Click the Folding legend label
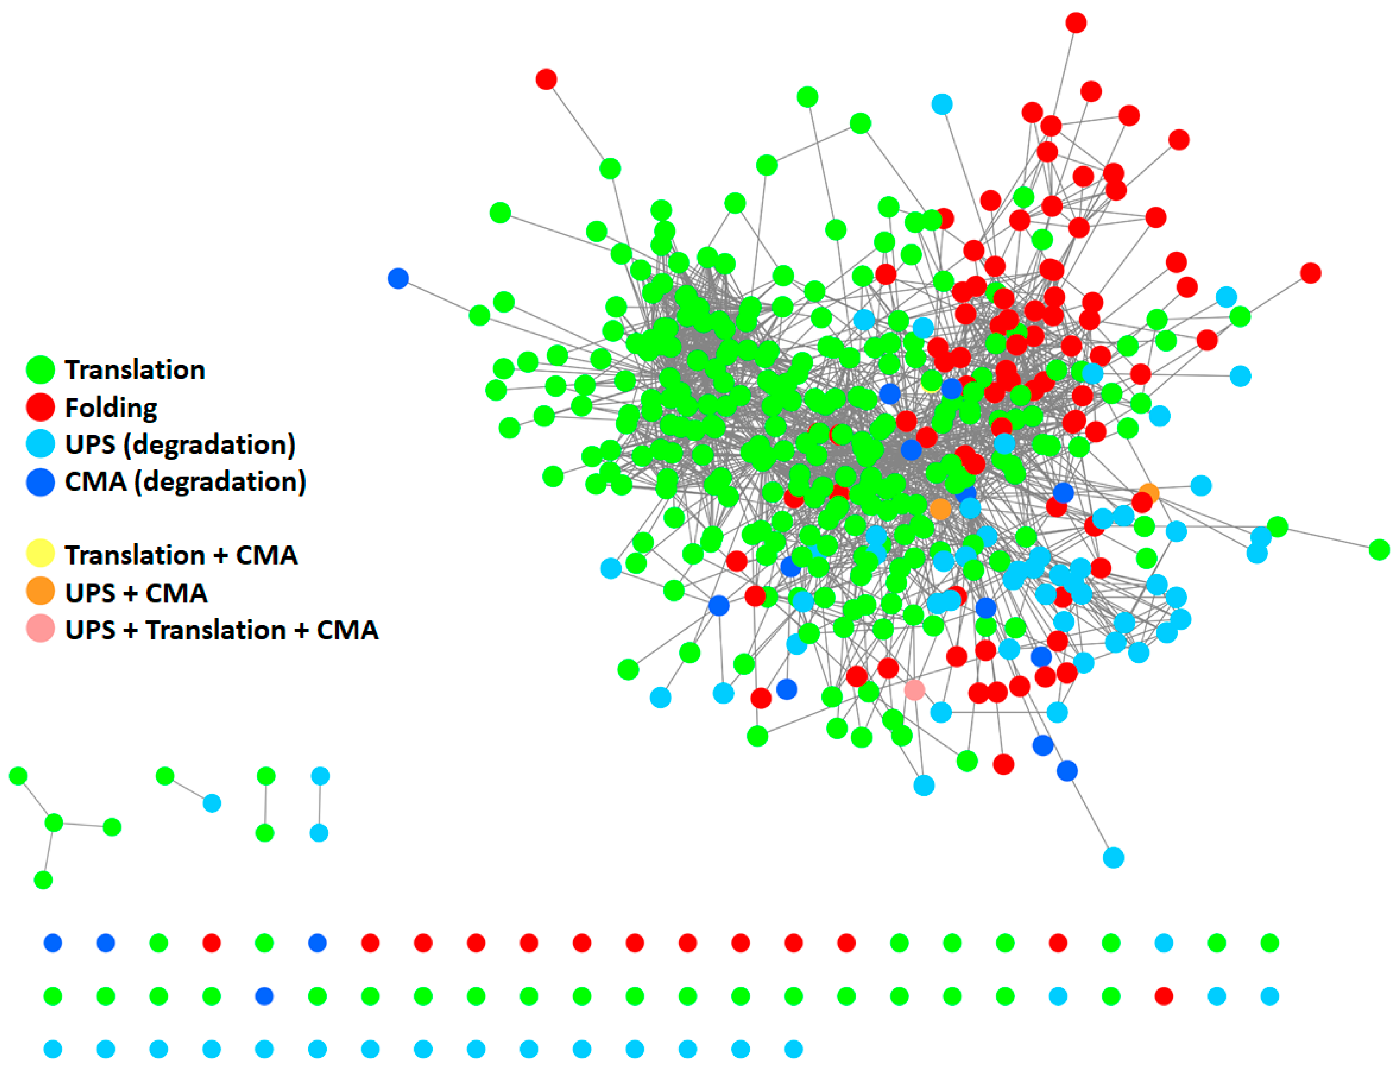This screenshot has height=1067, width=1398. tap(111, 408)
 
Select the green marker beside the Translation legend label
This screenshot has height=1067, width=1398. tap(40, 369)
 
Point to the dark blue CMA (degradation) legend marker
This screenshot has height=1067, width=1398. tap(40, 482)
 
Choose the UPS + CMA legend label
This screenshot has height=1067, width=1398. tap(136, 592)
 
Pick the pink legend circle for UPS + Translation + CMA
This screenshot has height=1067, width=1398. tap(40, 629)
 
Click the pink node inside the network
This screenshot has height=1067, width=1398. tap(914, 690)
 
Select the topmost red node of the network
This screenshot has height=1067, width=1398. tap(1076, 23)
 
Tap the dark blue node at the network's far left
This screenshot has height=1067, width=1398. tap(398, 278)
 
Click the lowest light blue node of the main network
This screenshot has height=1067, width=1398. tap(1113, 858)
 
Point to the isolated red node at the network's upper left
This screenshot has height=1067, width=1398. tap(546, 79)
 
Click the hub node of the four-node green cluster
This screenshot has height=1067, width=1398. tap(54, 823)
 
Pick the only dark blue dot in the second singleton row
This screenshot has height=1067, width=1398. tap(264, 996)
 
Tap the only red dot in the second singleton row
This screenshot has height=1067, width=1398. tap(1164, 996)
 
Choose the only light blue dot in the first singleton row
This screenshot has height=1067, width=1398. tap(1164, 943)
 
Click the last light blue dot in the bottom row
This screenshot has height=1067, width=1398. tap(794, 1049)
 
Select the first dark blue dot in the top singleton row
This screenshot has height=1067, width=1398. tap(53, 943)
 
